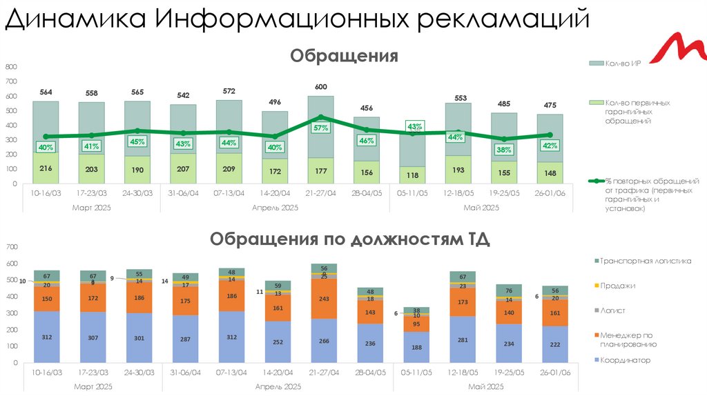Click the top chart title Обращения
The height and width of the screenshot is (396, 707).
[344, 55]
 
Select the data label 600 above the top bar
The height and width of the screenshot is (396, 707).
[321, 87]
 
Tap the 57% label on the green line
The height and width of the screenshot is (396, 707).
[320, 128]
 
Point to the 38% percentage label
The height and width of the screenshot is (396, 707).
[504, 150]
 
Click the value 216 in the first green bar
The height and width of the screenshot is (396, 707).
[46, 168]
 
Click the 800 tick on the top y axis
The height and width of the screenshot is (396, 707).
[10, 67]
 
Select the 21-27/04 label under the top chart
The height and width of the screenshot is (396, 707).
[320, 193]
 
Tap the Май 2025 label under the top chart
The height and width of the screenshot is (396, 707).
[481, 207]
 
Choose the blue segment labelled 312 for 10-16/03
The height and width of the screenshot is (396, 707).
[46, 337]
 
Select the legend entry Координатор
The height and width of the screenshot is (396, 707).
[625, 360]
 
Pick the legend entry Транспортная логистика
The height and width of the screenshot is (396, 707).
[646, 261]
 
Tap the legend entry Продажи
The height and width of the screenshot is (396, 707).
[617, 286]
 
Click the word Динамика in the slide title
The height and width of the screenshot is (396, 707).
[75, 19]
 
